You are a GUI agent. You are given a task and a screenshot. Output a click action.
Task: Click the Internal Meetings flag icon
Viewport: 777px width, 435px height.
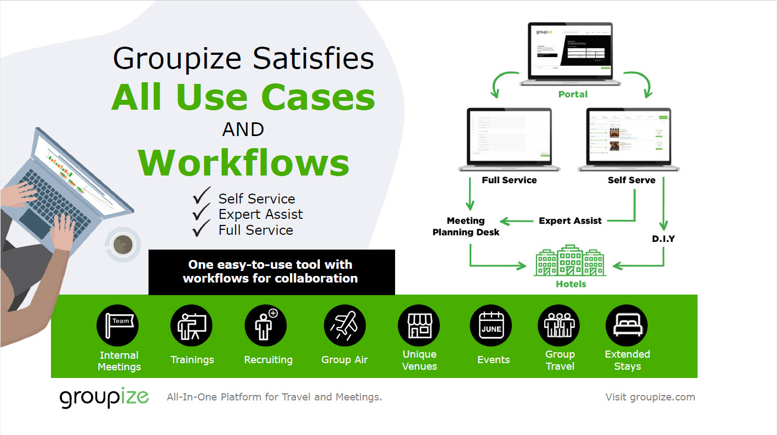(x=118, y=326)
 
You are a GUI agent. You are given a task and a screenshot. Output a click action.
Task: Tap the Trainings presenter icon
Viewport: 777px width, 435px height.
(x=191, y=326)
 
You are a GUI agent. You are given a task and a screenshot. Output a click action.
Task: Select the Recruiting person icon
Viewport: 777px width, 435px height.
(x=265, y=326)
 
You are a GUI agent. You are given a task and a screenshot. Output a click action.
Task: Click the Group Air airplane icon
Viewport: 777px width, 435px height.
(x=345, y=326)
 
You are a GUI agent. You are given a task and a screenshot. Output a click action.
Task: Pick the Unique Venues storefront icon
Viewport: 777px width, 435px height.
(x=419, y=326)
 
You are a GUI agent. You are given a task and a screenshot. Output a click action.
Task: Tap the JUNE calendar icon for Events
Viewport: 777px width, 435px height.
(x=491, y=326)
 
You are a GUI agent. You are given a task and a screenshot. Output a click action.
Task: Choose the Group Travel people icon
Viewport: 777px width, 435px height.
(x=559, y=326)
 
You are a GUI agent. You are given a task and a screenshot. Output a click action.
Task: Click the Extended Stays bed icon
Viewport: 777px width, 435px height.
(x=627, y=326)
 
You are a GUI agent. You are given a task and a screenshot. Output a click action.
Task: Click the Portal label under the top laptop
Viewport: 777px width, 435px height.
(x=573, y=94)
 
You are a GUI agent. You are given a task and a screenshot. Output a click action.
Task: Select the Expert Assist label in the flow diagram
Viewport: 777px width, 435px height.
(x=570, y=221)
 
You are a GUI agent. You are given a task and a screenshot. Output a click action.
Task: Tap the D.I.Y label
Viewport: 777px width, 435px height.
(x=663, y=239)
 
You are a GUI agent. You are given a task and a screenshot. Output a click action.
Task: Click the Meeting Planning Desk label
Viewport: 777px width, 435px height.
(x=466, y=226)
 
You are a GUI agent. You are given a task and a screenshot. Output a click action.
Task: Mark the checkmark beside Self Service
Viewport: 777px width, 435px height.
(x=202, y=196)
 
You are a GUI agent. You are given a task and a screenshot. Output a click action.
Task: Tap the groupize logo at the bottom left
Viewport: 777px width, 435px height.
(x=104, y=397)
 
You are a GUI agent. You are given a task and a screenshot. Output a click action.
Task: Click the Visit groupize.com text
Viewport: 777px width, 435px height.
(x=650, y=397)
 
